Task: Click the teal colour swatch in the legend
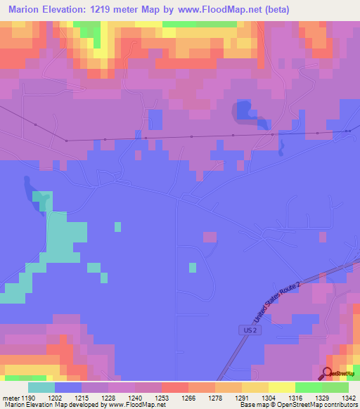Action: (x=41, y=387)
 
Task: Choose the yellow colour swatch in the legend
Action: (x=281, y=387)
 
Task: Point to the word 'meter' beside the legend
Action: (x=10, y=397)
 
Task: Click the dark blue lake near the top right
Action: (x=244, y=111)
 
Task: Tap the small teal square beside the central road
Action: (x=192, y=267)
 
